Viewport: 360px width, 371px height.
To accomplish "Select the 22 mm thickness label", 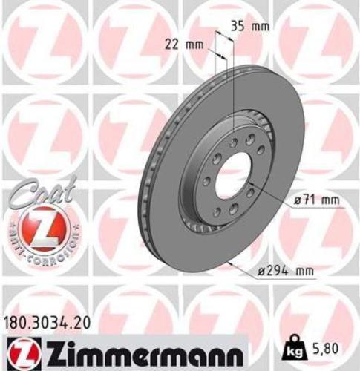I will coord(184,44).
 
